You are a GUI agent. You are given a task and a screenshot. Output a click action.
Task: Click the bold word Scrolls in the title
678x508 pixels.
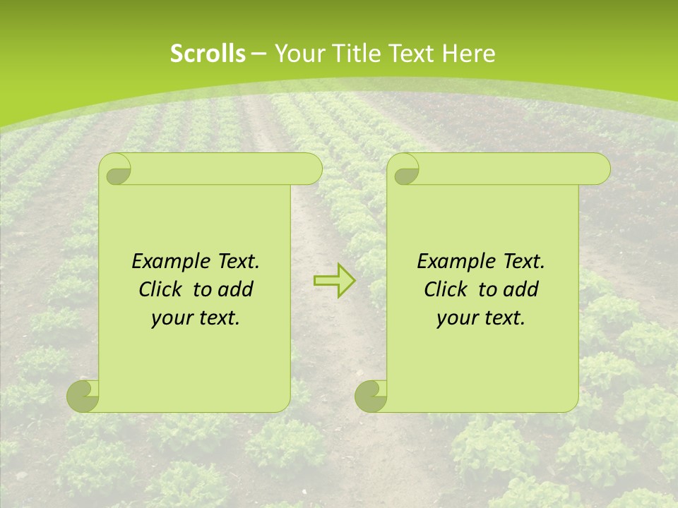(x=208, y=54)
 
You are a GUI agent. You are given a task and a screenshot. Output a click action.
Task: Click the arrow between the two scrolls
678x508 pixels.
(x=335, y=281)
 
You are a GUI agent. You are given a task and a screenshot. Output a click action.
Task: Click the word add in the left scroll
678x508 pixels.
(x=236, y=289)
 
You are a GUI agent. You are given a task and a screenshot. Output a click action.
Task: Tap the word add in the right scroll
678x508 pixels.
(x=521, y=289)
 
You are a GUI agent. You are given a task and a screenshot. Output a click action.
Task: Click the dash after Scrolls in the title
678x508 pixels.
(x=258, y=54)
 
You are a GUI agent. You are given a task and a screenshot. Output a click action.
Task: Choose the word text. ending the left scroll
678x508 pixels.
(x=218, y=318)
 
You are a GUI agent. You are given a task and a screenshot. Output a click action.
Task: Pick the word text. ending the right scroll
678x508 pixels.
(x=503, y=318)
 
